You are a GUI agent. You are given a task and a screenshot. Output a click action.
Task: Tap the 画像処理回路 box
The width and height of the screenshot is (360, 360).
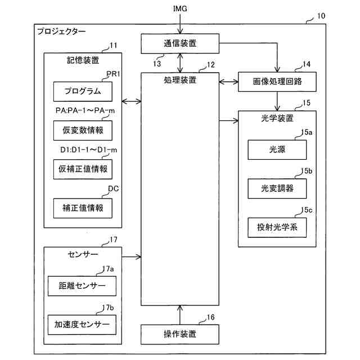click(x=277, y=82)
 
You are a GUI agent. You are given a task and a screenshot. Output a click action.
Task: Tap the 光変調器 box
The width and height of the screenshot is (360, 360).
click(x=277, y=188)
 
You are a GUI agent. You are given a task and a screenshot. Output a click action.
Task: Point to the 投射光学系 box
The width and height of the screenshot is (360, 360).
click(x=277, y=227)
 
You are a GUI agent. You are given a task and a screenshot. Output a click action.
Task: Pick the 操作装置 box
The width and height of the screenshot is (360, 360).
click(x=180, y=334)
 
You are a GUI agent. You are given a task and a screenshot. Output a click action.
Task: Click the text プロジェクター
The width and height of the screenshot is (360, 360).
click(x=62, y=31)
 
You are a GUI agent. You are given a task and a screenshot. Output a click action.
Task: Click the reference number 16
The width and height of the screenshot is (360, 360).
click(x=210, y=317)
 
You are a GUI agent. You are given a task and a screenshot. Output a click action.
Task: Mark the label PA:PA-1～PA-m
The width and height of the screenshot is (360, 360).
click(x=85, y=111)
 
